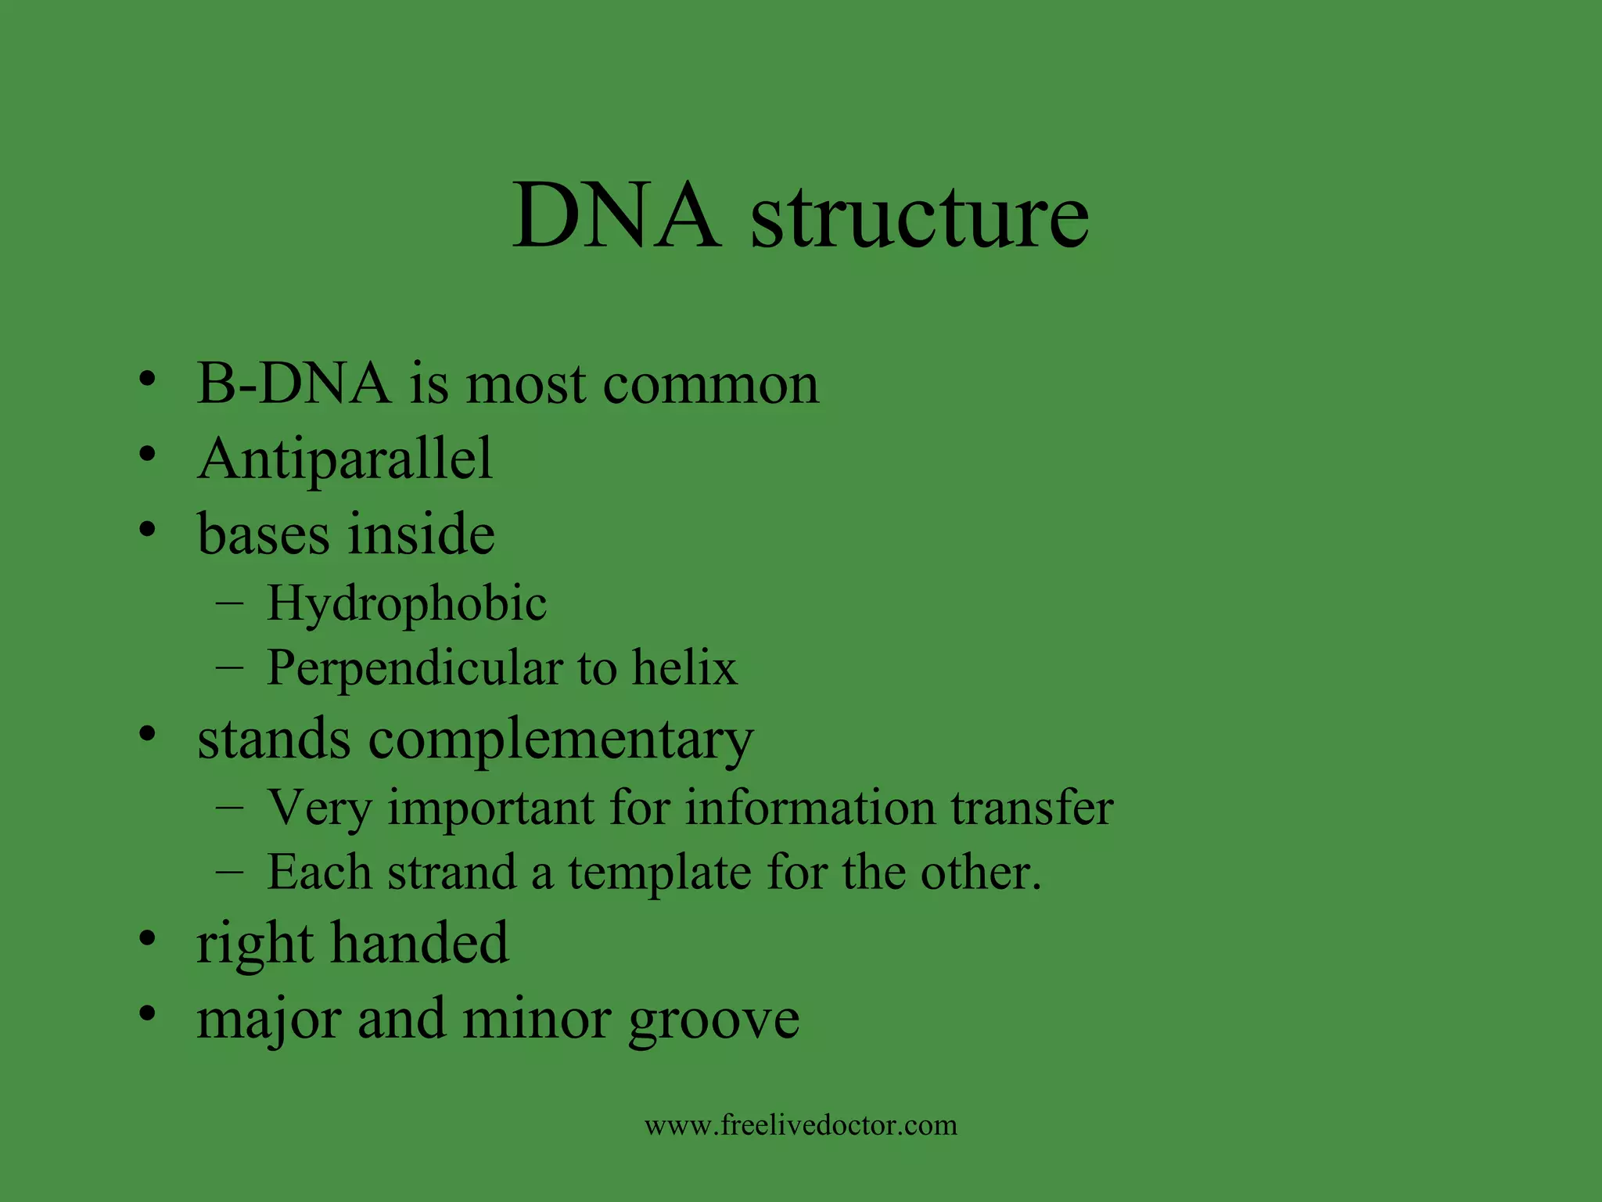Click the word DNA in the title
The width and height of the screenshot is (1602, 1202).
tap(616, 215)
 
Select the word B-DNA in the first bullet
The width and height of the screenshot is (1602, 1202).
tap(293, 383)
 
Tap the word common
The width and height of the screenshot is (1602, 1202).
tap(711, 385)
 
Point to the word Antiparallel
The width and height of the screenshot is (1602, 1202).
tap(345, 459)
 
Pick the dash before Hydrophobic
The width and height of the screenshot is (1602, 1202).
tap(228, 603)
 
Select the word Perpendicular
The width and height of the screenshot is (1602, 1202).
tap(415, 669)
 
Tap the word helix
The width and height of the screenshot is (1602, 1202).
tap(684, 668)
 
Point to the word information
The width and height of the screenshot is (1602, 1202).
tap(810, 807)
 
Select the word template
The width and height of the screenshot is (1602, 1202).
tap(659, 873)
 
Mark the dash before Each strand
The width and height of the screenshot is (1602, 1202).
tap(228, 871)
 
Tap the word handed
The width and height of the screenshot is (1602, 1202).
tap(419, 942)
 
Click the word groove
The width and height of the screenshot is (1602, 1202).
tap(713, 1020)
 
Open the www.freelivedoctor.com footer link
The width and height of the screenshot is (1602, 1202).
tap(801, 1125)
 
